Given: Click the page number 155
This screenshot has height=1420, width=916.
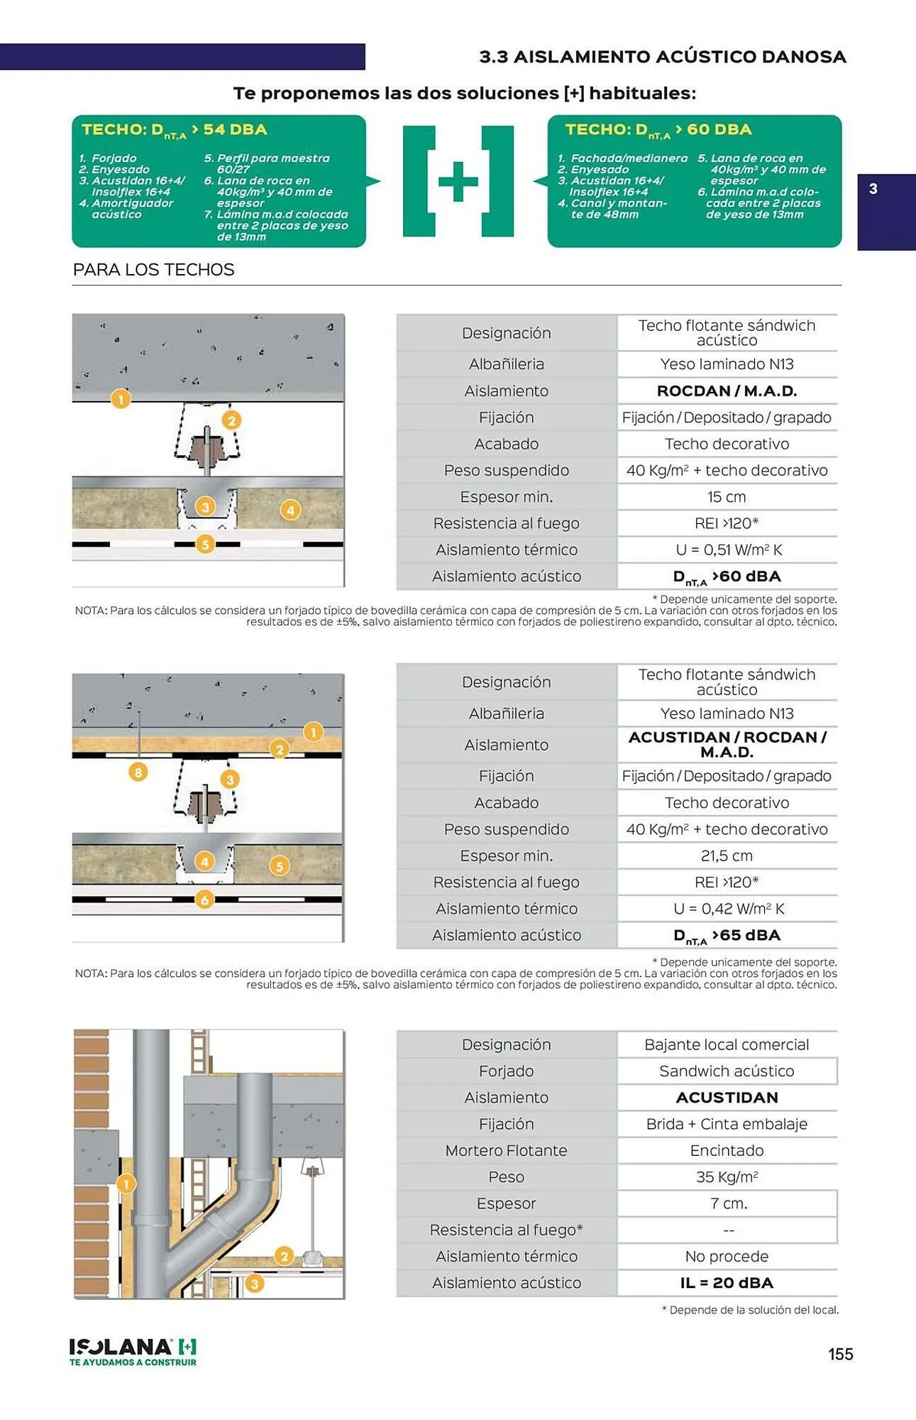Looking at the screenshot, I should pos(840,1354).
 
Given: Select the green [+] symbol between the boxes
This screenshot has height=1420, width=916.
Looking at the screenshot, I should pos(458,181).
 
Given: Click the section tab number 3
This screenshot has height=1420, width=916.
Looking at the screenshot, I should pos(873,189).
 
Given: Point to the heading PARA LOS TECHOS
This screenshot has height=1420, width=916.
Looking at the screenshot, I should pos(153,270).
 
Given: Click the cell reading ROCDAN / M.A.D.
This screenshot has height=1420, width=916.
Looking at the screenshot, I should pos(727,391).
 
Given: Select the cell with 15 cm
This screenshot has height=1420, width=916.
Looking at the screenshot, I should pos(727,497).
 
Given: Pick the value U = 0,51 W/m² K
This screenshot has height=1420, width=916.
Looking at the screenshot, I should pos(727,550).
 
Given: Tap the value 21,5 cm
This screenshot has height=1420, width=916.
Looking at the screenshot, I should pos(727,856).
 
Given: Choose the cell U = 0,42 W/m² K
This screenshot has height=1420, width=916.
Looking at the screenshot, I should pos(727,909).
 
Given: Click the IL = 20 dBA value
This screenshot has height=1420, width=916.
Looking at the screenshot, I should pos(727,1283).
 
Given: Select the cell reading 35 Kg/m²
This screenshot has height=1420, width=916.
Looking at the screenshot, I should pos(727,1177).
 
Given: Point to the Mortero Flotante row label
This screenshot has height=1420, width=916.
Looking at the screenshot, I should pos(506,1151).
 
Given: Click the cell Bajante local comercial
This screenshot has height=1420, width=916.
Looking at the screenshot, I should pos(727,1045).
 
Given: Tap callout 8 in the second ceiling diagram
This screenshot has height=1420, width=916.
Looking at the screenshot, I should pos(138,772).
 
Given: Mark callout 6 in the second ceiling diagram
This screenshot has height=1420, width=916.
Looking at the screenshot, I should pos(204,900).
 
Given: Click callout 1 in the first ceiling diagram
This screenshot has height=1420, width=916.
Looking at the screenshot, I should pos(121,399).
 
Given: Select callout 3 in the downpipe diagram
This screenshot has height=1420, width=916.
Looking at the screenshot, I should pos(255,1284).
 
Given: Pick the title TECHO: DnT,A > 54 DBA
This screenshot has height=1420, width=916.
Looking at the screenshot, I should pos(175,130).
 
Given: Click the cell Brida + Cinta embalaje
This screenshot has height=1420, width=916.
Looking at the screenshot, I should pos(727,1125).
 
